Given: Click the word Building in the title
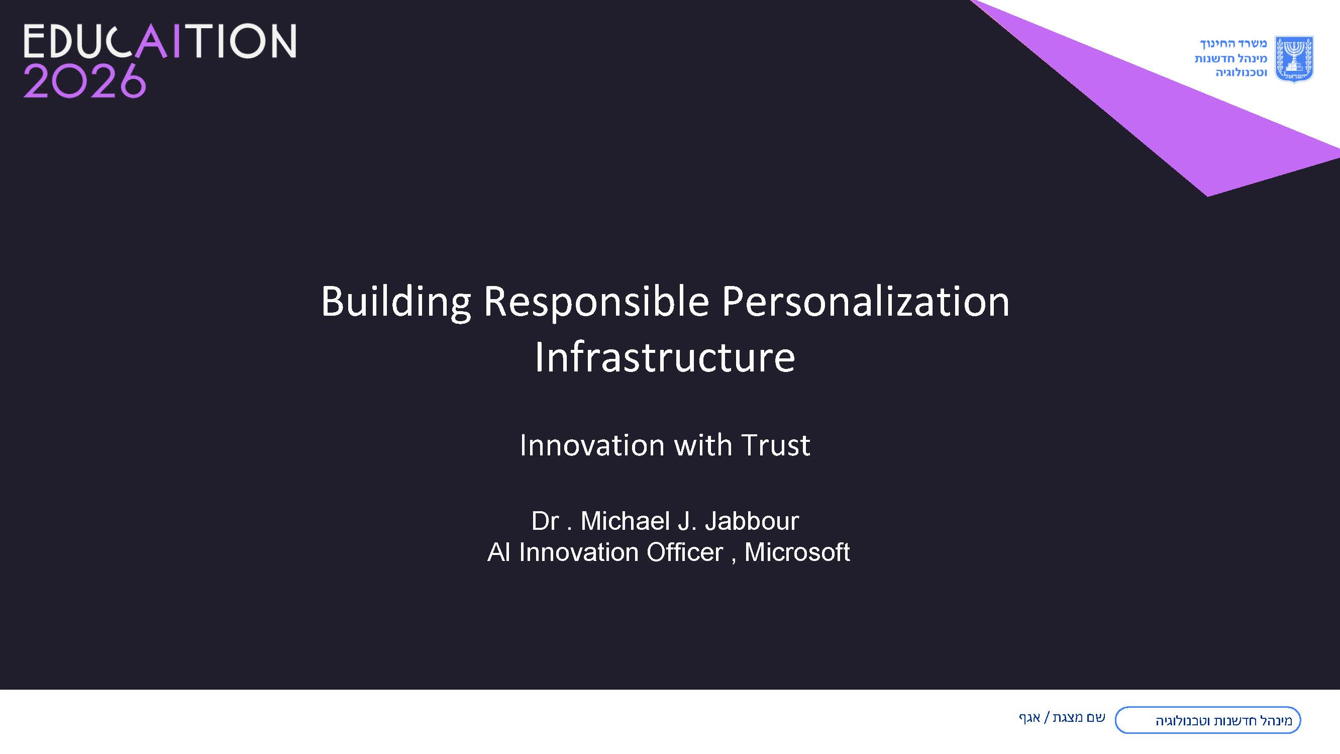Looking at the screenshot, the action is coord(396,302).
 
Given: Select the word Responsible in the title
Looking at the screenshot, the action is coord(596,302).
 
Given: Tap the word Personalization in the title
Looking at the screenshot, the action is coord(866,302).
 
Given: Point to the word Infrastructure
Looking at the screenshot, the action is coord(665,357).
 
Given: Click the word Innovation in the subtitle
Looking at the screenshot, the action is coord(592,445).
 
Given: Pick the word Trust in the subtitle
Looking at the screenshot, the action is coord(776,445).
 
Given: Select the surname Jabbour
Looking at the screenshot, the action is coord(752,521).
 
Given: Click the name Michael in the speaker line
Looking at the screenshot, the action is coord(625,521).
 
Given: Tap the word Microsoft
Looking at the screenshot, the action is coord(797,552).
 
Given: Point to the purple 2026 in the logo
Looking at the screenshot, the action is coord(84,81).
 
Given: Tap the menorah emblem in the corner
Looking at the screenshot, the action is coord(1294,59).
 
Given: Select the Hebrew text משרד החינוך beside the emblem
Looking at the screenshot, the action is coord(1233,44).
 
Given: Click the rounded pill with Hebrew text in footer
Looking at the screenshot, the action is coord(1207,720).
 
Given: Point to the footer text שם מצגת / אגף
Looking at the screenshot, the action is coord(1062,718).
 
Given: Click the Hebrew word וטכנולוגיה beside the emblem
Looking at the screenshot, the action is coord(1241,73).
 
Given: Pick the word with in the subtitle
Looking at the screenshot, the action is coord(703,445).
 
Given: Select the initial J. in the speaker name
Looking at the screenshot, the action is coord(687,521).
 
